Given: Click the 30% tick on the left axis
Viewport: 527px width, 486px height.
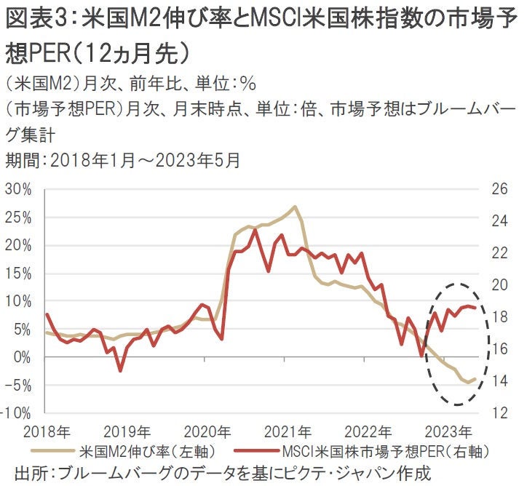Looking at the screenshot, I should [x=20, y=190].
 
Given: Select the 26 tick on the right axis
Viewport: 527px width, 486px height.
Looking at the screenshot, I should [x=500, y=190].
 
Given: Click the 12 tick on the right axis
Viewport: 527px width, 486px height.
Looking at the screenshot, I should [x=500, y=413].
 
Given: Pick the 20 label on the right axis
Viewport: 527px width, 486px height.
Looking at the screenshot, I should [x=500, y=285].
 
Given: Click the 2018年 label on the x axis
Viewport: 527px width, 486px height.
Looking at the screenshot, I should [x=45, y=429].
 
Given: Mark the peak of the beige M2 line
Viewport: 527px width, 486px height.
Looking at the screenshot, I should [x=295, y=207].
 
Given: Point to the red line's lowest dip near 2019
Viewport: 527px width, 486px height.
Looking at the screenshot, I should [x=120, y=371].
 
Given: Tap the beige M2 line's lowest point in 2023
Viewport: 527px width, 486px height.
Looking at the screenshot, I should [x=467, y=382].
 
